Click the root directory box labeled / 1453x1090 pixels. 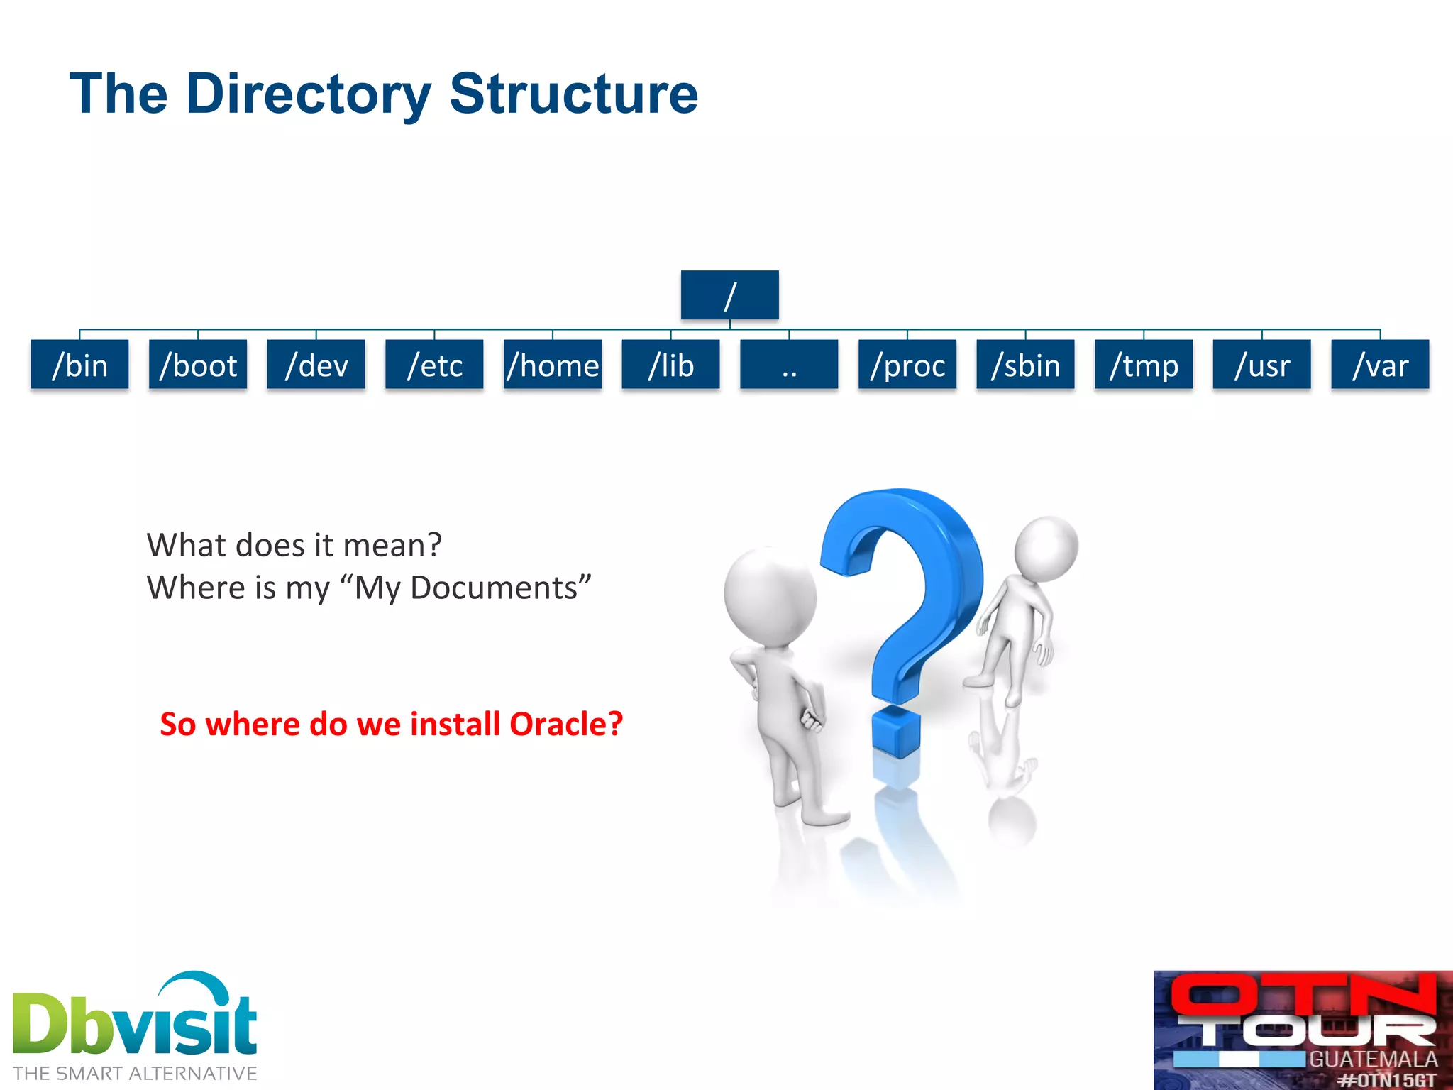[x=729, y=295]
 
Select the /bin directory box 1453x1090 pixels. [x=79, y=365]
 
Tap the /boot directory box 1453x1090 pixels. [x=198, y=365]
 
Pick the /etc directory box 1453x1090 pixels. [x=434, y=365]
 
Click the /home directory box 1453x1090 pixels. [x=553, y=365]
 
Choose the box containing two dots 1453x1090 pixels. [x=789, y=365]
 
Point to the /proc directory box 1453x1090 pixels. [x=907, y=365]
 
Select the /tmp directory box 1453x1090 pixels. [x=1144, y=365]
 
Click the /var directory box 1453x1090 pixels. [x=1380, y=365]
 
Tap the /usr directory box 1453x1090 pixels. [x=1261, y=365]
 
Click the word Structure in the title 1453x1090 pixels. [x=573, y=94]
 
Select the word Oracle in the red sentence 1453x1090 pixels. [x=565, y=725]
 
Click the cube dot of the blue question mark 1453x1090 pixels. [x=896, y=732]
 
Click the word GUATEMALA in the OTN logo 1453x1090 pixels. [x=1373, y=1059]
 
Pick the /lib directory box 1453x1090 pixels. [x=670, y=365]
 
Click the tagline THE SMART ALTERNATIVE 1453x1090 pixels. [x=135, y=1074]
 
